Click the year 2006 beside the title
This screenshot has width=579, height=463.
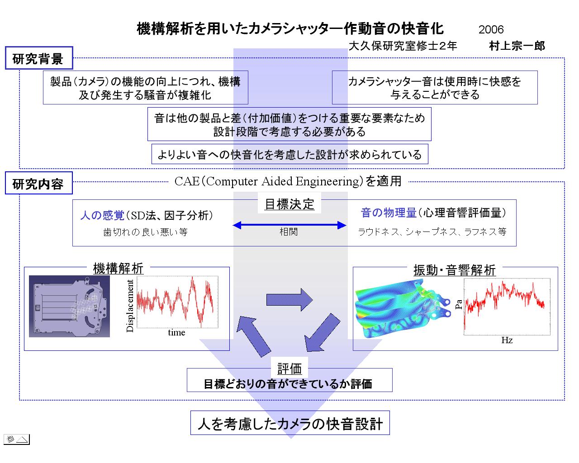[491, 29]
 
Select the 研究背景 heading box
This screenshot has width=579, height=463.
[39, 58]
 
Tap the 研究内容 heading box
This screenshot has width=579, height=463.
[39, 183]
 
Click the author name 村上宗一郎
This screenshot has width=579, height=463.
[517, 46]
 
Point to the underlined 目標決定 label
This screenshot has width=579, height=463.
[289, 204]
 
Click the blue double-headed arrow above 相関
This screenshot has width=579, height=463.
[289, 225]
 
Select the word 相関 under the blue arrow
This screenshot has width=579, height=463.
[289, 231]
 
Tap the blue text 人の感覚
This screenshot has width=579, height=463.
[102, 215]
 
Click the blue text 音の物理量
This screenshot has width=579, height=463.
[389, 213]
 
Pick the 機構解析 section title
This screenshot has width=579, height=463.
[118, 268]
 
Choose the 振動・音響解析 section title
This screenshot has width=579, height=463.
[455, 270]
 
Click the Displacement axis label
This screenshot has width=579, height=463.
[130, 306]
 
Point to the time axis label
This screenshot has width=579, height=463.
[176, 332]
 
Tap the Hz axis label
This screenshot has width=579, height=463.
[507, 340]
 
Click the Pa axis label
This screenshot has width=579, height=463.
[459, 305]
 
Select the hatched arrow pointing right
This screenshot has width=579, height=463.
[289, 300]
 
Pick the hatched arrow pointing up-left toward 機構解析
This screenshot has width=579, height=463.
[254, 336]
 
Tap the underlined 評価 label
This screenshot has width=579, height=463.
[289, 369]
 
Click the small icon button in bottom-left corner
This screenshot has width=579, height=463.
[16, 439]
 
